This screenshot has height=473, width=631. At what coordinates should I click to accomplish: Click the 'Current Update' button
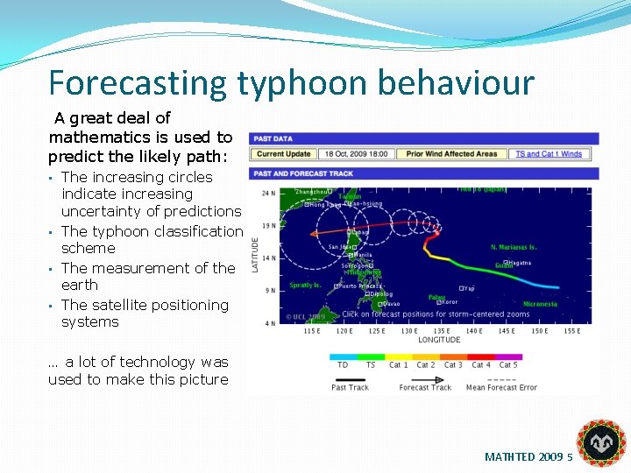(283, 154)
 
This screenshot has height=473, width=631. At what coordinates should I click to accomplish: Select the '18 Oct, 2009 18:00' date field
(357, 154)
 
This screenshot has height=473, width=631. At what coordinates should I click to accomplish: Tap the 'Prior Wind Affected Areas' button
(451, 154)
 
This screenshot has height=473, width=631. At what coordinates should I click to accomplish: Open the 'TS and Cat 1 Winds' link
(549, 154)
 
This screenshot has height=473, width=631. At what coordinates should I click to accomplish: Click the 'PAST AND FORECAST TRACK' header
(303, 173)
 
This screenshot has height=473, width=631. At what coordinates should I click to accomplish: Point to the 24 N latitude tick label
(269, 193)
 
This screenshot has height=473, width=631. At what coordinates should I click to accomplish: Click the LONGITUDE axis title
(439, 340)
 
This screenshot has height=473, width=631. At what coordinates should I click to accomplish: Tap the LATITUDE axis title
(255, 253)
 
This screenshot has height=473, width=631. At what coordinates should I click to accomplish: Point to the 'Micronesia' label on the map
(539, 304)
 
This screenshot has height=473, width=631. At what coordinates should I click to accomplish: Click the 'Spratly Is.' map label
(305, 285)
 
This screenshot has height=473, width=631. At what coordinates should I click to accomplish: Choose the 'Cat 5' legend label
(508, 365)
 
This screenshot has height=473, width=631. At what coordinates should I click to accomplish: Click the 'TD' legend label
(342, 365)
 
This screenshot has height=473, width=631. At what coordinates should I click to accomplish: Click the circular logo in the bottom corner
(601, 442)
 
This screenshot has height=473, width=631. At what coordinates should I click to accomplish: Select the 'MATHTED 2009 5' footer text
(528, 457)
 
